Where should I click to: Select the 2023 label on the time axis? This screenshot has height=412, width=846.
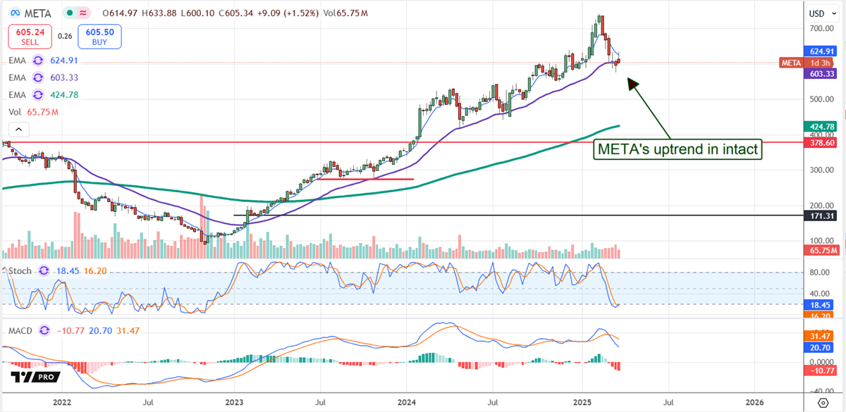point(234,402)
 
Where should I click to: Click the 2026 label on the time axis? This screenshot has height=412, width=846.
point(754,402)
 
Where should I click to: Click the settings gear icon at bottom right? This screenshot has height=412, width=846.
point(823,402)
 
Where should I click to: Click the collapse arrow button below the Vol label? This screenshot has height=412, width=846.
point(19,128)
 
